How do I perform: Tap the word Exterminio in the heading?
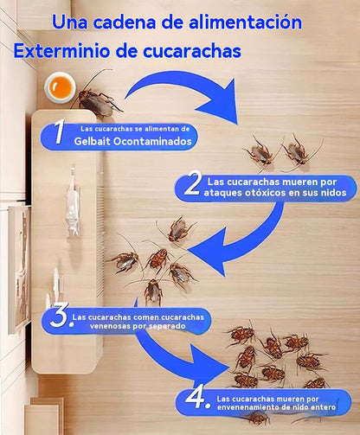pos(62,51)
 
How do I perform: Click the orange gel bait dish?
pos(60,87)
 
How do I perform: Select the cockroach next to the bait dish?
pos(98,98)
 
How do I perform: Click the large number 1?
pos(60,131)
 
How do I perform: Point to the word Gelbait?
pos(92,141)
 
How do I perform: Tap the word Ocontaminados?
pos(152,141)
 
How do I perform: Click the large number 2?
pos(193,182)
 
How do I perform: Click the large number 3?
pos(60,315)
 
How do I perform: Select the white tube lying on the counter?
pos(73,202)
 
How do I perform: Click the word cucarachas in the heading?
pos(192,51)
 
